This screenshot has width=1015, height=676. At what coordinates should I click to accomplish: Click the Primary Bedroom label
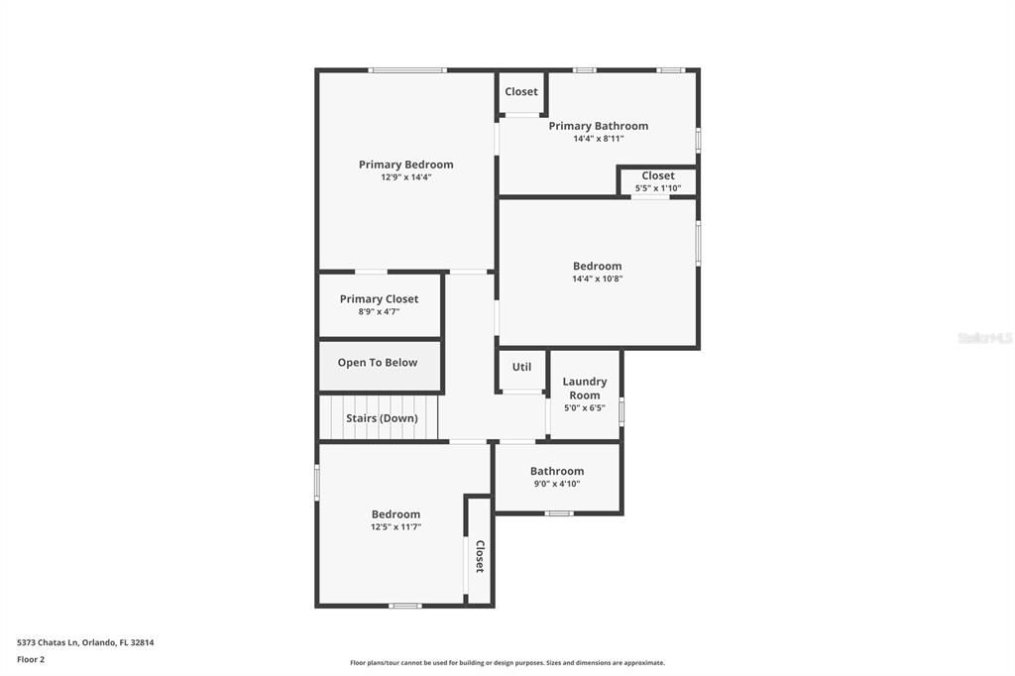[405, 165]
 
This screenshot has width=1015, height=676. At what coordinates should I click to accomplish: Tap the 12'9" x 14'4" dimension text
[405, 177]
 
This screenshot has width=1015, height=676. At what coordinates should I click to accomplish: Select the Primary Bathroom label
[598, 126]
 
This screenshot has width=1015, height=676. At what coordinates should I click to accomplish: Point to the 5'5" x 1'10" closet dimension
[657, 188]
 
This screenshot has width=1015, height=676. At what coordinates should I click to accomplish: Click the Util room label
[521, 367]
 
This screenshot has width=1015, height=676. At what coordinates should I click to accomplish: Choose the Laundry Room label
[585, 388]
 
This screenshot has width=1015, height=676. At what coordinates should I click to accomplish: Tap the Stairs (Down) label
[382, 418]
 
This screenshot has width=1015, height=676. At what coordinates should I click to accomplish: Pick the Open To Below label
[378, 363]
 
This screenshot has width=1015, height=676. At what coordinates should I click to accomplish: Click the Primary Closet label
[379, 299]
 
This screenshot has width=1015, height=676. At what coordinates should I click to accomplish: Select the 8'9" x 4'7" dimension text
[379, 312]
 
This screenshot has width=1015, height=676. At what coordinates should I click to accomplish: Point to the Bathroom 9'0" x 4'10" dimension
[557, 485]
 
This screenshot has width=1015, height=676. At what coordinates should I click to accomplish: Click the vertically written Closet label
[480, 556]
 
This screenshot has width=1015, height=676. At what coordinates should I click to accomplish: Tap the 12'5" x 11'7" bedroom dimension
[395, 527]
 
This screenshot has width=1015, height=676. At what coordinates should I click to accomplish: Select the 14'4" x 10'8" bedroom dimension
[597, 279]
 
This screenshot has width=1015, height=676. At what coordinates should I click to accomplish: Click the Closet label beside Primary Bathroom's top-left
[521, 92]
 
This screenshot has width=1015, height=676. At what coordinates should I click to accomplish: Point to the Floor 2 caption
[31, 659]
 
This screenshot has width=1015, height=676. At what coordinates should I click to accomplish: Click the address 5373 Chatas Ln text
[85, 642]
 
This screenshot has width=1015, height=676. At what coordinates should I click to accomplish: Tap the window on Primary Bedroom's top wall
[406, 70]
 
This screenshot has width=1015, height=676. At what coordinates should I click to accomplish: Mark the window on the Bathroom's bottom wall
[559, 513]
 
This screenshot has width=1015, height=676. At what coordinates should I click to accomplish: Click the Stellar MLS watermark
[984, 338]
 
